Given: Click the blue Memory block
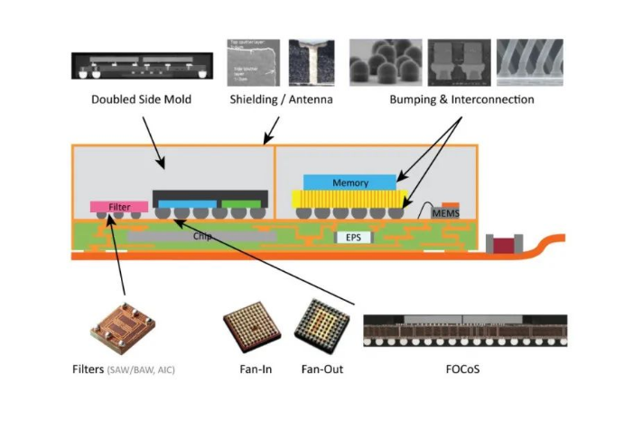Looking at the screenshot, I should pos(349,183).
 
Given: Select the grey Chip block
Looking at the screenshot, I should pos(202,235).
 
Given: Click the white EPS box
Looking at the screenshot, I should pos(353,239).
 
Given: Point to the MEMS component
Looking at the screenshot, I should pos(445,213).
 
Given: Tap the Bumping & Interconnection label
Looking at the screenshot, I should pos(461,99).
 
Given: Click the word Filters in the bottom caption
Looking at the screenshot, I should pos(88,369).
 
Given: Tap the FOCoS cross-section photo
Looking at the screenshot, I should pos(463,331).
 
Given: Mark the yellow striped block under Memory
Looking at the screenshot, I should pos(346,199).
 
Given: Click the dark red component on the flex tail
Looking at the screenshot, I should pos(499,244).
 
